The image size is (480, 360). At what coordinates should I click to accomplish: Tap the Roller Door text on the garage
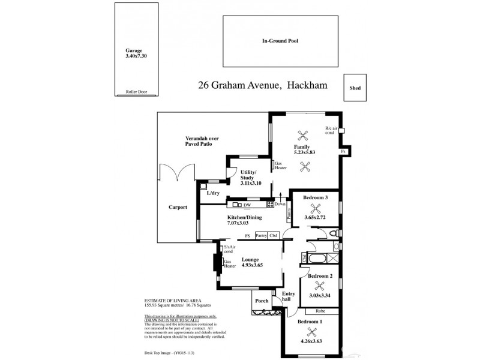[x=136, y=92]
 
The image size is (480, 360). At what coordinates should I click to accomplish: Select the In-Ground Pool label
[x=280, y=41]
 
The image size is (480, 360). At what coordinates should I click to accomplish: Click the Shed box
[x=355, y=87]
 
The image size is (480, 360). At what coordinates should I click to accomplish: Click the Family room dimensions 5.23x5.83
[x=304, y=152]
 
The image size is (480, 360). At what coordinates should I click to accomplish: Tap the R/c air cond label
[x=331, y=130]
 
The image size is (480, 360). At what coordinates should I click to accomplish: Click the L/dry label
[x=213, y=193]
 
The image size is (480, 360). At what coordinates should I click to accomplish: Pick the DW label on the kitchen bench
[x=247, y=205]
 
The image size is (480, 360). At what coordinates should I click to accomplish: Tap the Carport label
[x=178, y=207]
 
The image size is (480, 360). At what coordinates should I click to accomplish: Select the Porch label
[x=262, y=301]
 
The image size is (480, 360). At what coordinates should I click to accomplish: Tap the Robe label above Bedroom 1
[x=319, y=312]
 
